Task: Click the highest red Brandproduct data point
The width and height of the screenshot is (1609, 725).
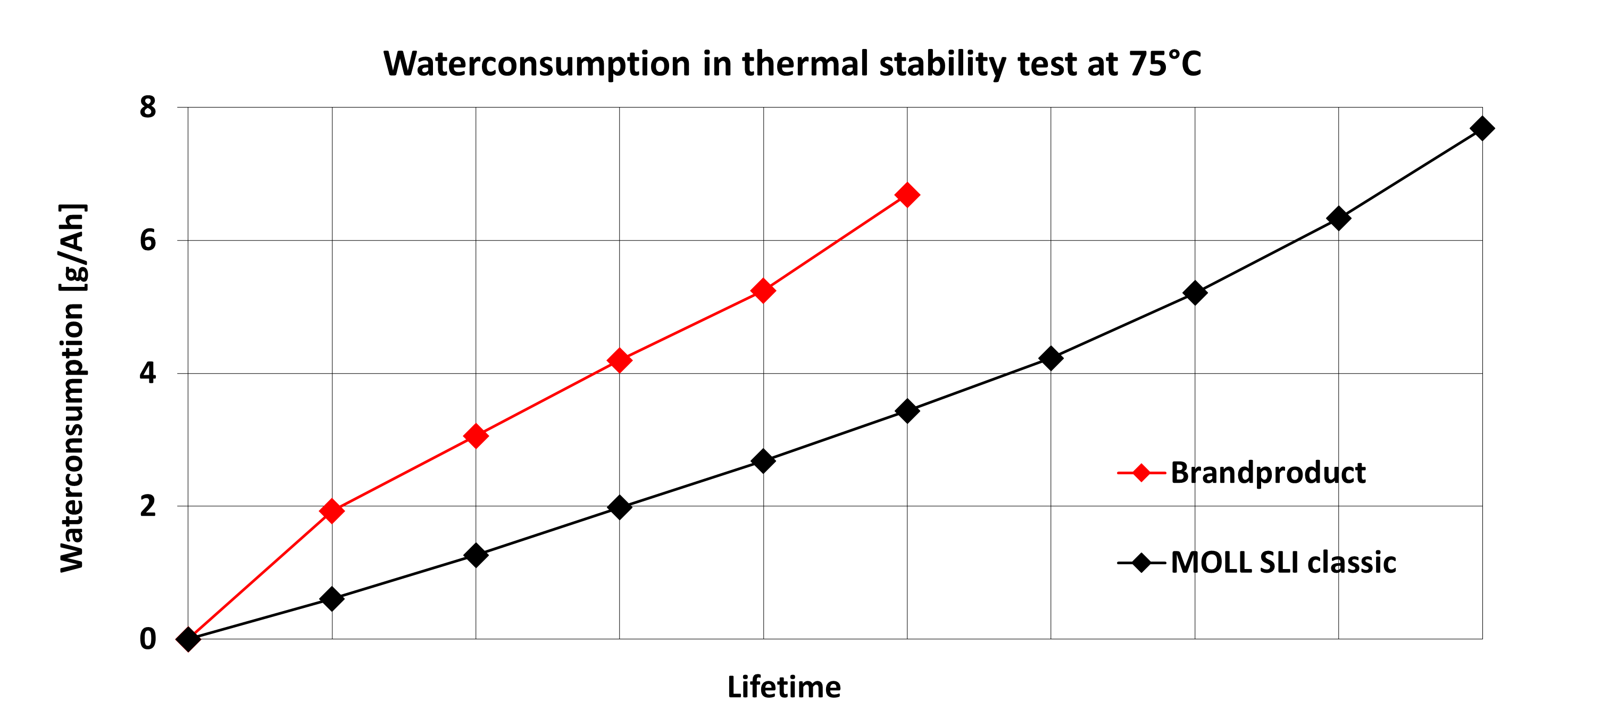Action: pyautogui.click(x=907, y=195)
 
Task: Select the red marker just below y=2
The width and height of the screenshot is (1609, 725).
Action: pyautogui.click(x=332, y=510)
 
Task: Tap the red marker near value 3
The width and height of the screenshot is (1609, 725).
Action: pyautogui.click(x=476, y=435)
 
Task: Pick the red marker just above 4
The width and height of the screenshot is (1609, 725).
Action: pyautogui.click(x=619, y=360)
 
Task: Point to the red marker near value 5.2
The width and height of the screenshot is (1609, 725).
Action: pyautogui.click(x=763, y=290)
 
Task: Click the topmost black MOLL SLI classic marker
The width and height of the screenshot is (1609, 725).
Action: pyautogui.click(x=1481, y=128)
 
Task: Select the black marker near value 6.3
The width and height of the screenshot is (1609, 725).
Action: pyautogui.click(x=1338, y=219)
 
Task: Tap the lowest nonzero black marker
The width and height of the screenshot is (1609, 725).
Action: pyautogui.click(x=332, y=599)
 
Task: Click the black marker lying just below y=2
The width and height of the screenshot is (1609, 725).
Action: pyautogui.click(x=619, y=507)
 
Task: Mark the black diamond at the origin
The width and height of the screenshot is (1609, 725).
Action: pyautogui.click(x=188, y=639)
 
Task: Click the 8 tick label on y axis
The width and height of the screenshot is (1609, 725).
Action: pyautogui.click(x=148, y=107)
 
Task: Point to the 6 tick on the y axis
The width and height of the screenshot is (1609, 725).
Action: pyautogui.click(x=148, y=240)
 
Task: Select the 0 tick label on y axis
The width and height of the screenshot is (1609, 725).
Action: pyautogui.click(x=148, y=639)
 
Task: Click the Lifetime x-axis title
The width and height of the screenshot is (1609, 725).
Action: pyautogui.click(x=784, y=687)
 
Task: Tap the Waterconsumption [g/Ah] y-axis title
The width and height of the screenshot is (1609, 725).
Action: pyautogui.click(x=72, y=388)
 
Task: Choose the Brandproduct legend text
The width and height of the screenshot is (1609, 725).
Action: pyautogui.click(x=1268, y=473)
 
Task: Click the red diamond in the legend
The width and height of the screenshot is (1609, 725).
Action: pyautogui.click(x=1141, y=473)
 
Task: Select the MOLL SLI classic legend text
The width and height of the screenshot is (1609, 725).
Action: pyautogui.click(x=1283, y=562)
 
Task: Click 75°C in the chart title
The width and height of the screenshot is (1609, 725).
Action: pyautogui.click(x=1164, y=64)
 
